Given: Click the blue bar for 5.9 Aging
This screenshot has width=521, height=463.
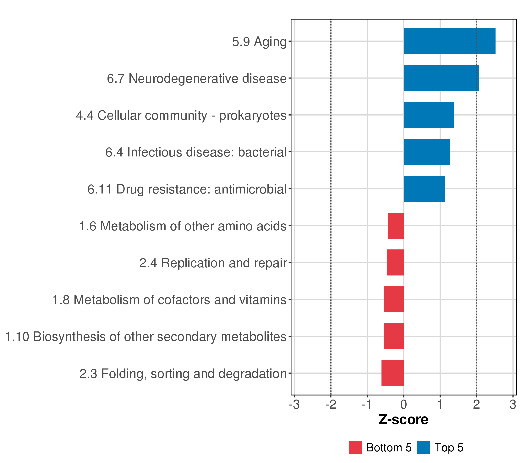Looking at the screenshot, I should click(449, 41).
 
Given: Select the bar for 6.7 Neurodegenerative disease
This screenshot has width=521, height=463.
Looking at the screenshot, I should click(441, 78).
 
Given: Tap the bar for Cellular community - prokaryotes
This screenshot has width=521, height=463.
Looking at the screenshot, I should click(428, 115).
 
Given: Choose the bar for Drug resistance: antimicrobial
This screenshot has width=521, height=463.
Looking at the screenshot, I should click(424, 189).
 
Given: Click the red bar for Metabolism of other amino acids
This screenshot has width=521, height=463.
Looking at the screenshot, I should click(396, 226).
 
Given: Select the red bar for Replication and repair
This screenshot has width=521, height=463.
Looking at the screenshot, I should click(395, 262).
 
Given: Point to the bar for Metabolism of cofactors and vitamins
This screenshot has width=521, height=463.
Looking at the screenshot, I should click(394, 299).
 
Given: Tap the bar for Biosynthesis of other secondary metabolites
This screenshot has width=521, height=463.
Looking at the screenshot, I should click(394, 336).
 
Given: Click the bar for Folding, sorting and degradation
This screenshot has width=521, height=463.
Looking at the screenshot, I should click(392, 373).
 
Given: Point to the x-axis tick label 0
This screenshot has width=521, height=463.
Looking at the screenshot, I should click(403, 405).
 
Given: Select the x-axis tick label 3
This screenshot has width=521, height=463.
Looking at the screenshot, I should click(513, 405).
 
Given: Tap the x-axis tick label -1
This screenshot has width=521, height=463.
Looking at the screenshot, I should click(367, 405).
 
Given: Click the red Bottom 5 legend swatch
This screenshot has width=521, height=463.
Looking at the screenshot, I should click(355, 447).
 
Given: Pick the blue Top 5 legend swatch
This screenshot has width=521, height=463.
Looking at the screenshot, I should click(423, 447).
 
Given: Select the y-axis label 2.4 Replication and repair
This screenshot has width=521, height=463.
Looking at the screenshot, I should click(213, 263).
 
